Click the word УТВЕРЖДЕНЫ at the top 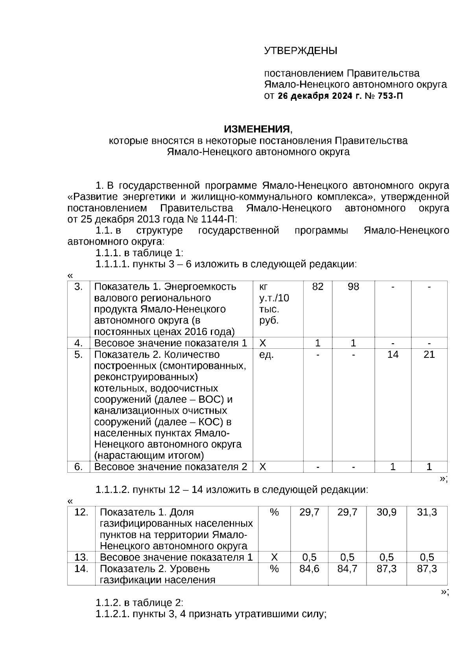pyautogui.click(x=301, y=51)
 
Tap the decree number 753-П pyautogui.click(x=390, y=96)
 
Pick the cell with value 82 pyautogui.click(x=317, y=287)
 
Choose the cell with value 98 pyautogui.click(x=353, y=287)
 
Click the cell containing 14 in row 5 pyautogui.click(x=393, y=355)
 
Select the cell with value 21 pyautogui.click(x=429, y=355)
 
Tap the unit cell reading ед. pyautogui.click(x=266, y=355)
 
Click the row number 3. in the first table pyautogui.click(x=79, y=287)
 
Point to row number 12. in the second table pyautogui.click(x=81, y=512)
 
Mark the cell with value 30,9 pyautogui.click(x=386, y=512)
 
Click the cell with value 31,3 pyautogui.click(x=427, y=512)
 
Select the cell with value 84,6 pyautogui.click(x=309, y=569)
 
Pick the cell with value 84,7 pyautogui.click(x=347, y=569)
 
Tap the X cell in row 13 pyautogui.click(x=275, y=557)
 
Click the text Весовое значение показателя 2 pyautogui.click(x=171, y=467)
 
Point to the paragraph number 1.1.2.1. pyautogui.click(x=112, y=614)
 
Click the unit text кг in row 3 pyautogui.click(x=264, y=287)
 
